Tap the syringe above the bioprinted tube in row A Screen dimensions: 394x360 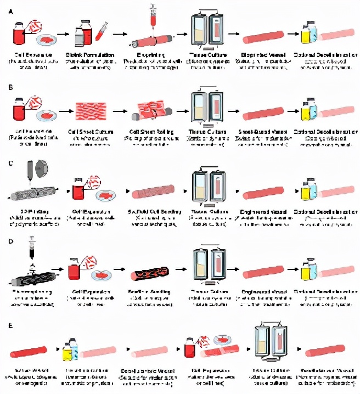pos(153,16)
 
